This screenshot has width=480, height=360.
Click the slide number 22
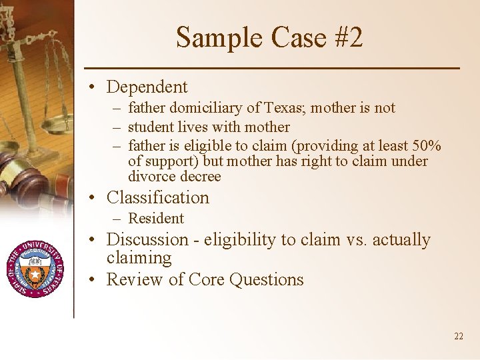click(x=458, y=336)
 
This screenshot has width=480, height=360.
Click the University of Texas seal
click(x=35, y=267)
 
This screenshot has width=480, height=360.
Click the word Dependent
click(x=147, y=87)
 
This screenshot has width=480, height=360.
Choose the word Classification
click(x=157, y=197)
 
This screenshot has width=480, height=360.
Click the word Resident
click(x=155, y=218)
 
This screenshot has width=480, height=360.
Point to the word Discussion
click(x=147, y=239)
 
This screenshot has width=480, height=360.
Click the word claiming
click(x=139, y=257)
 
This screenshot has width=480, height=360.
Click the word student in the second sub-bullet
click(x=149, y=127)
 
